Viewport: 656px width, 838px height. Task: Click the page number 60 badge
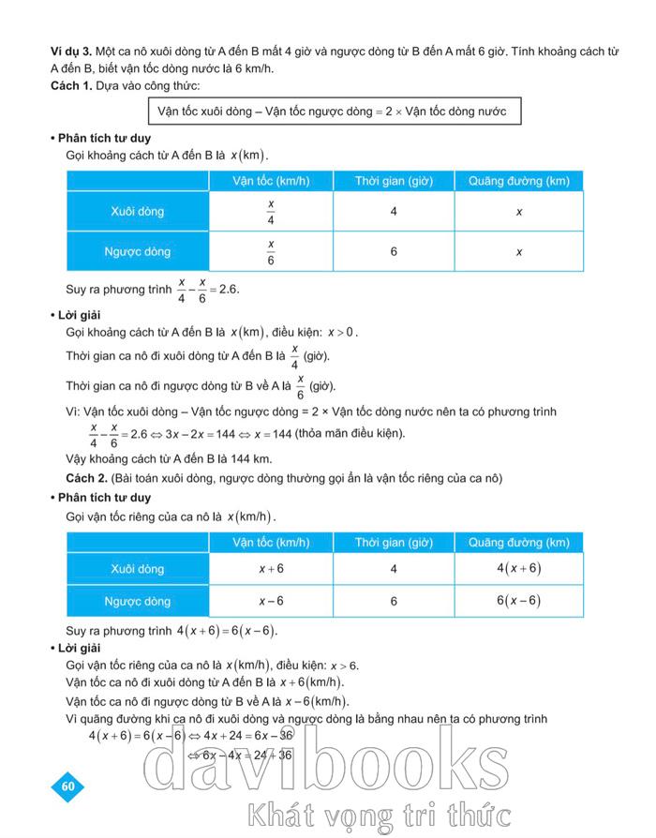[x=67, y=786]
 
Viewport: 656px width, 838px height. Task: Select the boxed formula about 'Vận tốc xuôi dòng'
[x=332, y=112]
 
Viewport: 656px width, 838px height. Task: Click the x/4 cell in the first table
[x=270, y=212]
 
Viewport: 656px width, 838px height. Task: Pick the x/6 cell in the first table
[x=270, y=252]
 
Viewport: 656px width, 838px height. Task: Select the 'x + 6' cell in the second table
[x=270, y=568]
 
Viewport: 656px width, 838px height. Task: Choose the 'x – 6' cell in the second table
[x=270, y=601]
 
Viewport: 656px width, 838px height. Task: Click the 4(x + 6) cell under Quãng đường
[x=518, y=568]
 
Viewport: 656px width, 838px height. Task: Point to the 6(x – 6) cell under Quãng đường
[x=518, y=601]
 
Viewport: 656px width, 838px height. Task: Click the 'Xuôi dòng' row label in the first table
[x=138, y=212]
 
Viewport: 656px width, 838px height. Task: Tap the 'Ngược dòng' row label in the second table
[x=138, y=601]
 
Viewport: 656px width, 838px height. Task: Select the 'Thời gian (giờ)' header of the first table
[x=393, y=180]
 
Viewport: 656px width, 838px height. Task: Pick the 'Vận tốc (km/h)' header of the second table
[x=271, y=542]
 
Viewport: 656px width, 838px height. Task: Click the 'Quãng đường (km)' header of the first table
[x=518, y=180]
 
